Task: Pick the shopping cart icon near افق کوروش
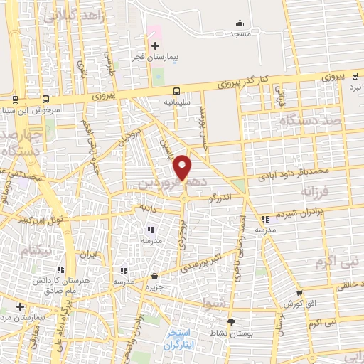[299, 292]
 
